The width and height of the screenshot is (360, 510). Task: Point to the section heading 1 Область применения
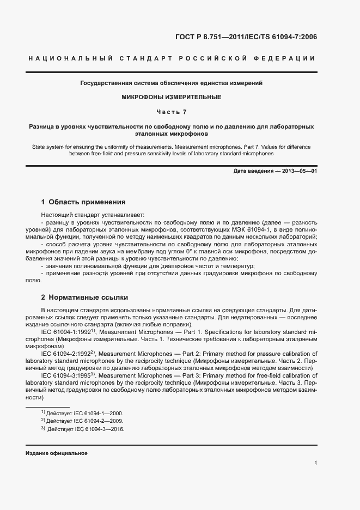(x=83, y=202)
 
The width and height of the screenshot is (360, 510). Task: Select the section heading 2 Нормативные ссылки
(x=85, y=297)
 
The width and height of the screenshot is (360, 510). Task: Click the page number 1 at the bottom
(x=316, y=463)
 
